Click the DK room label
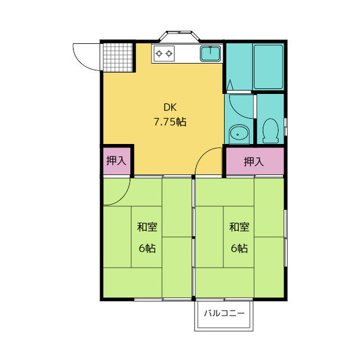pos(170,107)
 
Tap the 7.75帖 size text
pos(170,121)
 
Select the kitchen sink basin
pos(210,54)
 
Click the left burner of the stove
pos(159,54)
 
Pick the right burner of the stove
pos(169,54)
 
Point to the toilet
pos(271,131)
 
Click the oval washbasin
pos(238,133)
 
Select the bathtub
pos(268,67)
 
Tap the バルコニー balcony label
pos(224,313)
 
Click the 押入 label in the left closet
pos(116,161)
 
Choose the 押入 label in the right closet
pos(254,161)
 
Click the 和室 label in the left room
pos(147,227)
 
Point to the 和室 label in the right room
pos(239,227)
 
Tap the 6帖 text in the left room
pos(147,248)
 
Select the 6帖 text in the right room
pos(239,248)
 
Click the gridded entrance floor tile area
pos(118,57)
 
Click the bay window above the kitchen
pos(179,36)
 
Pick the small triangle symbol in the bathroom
pos(230,85)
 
